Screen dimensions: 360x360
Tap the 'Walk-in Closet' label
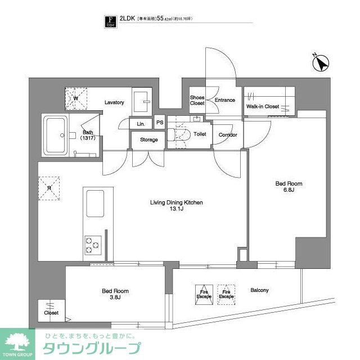[263, 106]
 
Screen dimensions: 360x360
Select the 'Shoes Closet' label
[197, 100]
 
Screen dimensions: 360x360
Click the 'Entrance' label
[224, 100]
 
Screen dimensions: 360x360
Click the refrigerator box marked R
[49, 188]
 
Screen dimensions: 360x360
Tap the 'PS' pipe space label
[160, 123]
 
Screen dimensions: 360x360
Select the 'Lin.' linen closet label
[141, 123]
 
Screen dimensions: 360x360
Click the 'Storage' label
[149, 139]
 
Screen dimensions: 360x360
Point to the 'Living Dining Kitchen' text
[176, 202]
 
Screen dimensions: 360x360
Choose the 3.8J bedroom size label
[115, 298]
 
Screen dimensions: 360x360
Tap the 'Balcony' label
[259, 290]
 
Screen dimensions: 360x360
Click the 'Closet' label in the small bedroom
[51, 313]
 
